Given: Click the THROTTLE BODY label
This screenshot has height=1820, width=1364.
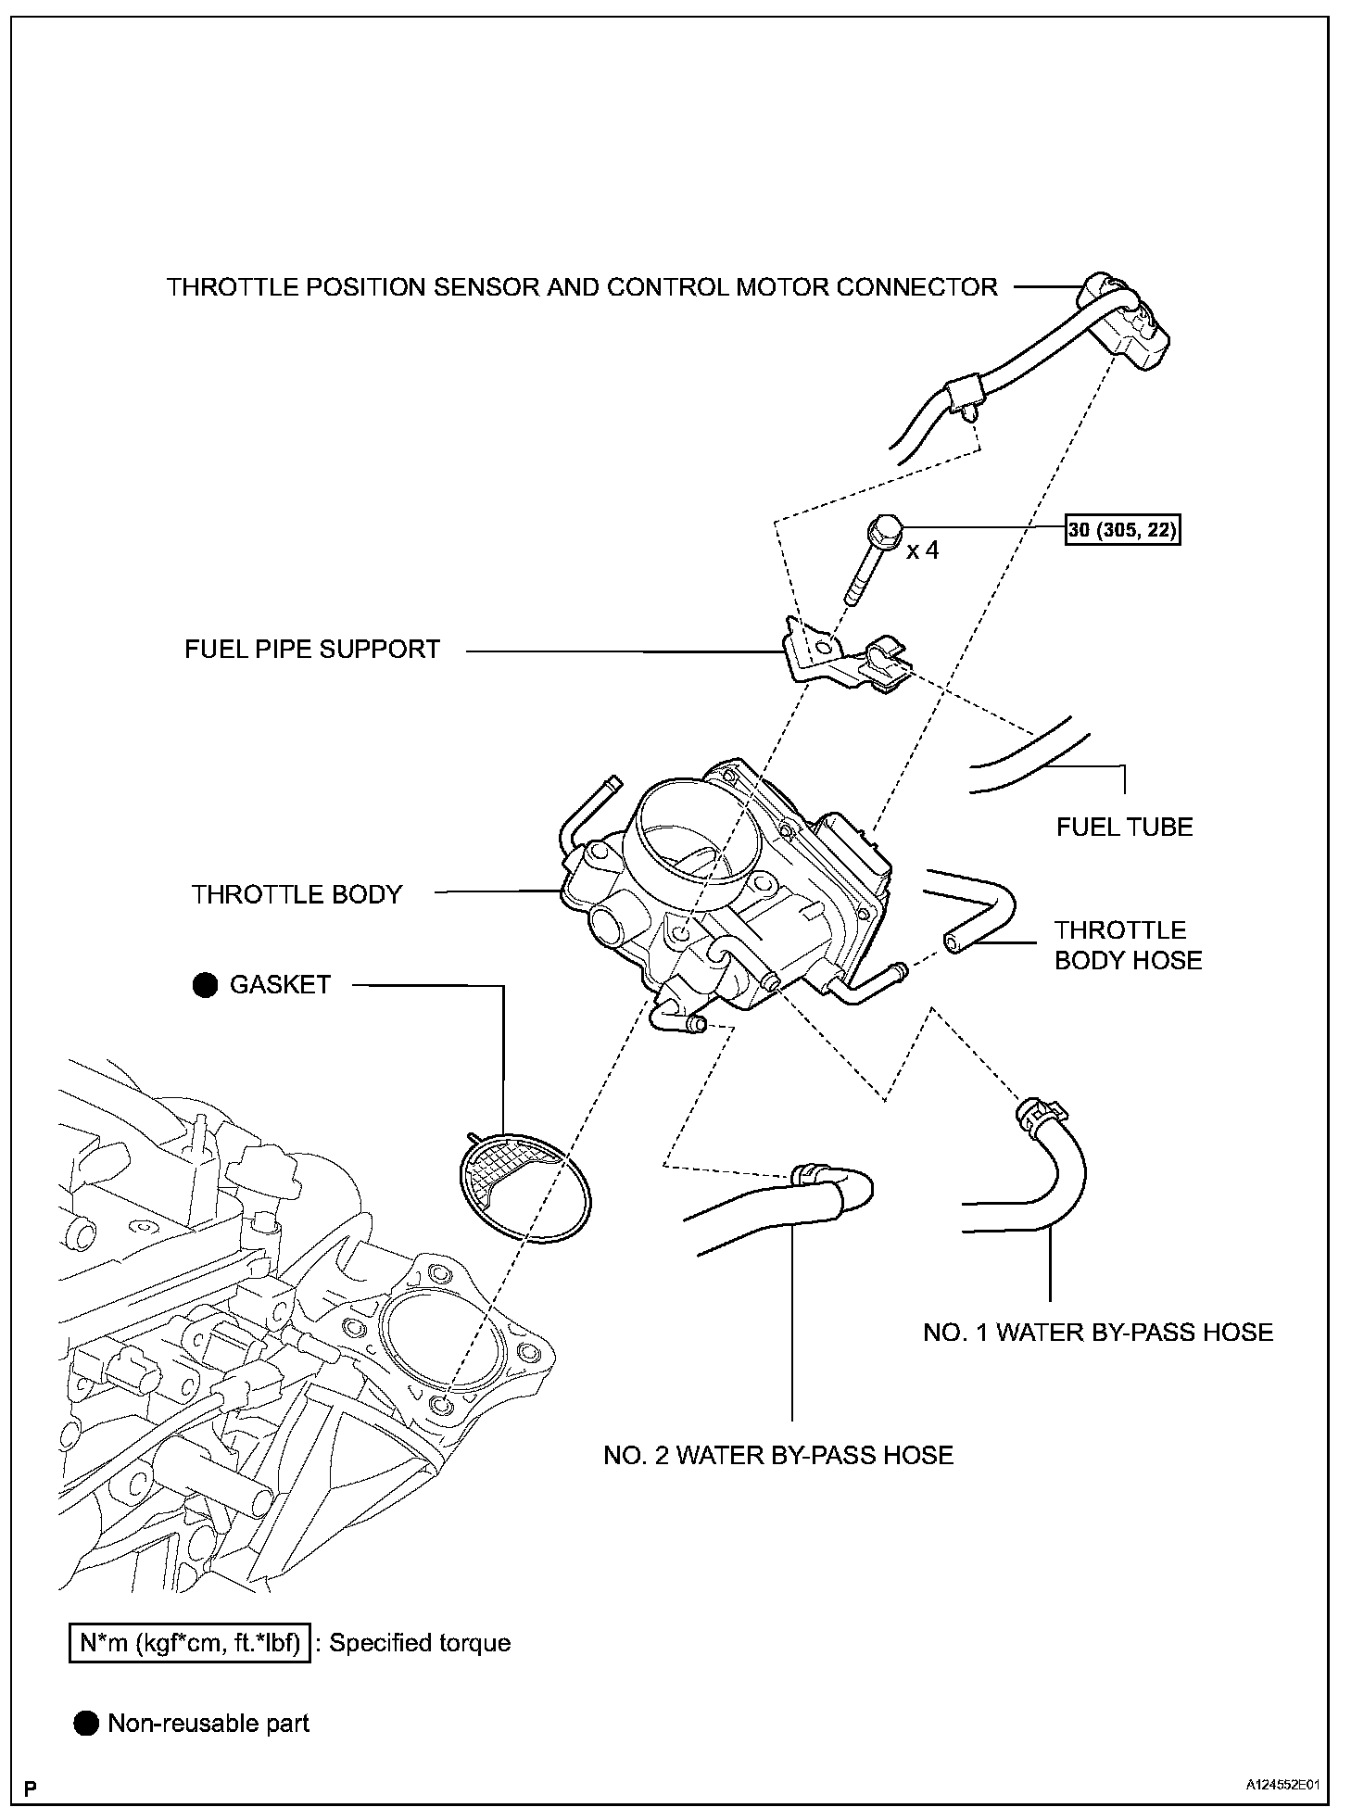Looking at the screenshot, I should (297, 894).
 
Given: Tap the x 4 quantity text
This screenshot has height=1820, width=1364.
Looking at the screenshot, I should (923, 550).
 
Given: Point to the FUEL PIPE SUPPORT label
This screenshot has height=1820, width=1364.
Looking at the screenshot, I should (312, 649).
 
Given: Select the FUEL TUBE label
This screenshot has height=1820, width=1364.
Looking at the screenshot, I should (1124, 827).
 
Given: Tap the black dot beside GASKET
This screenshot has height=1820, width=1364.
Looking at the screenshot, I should (205, 984).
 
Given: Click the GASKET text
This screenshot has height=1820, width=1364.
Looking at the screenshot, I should (280, 984).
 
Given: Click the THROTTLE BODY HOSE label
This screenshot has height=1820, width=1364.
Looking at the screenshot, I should (1128, 944).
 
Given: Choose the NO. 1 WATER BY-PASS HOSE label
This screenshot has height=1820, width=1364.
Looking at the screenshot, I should (1098, 1333).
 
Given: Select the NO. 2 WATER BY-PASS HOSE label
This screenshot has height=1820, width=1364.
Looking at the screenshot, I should (778, 1455).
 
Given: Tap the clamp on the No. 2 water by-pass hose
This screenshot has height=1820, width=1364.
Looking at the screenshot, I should (810, 1174).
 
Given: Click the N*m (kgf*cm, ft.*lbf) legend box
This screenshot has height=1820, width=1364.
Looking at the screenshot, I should (190, 1643).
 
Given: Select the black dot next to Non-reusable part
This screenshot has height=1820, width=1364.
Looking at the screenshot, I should (86, 1724).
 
